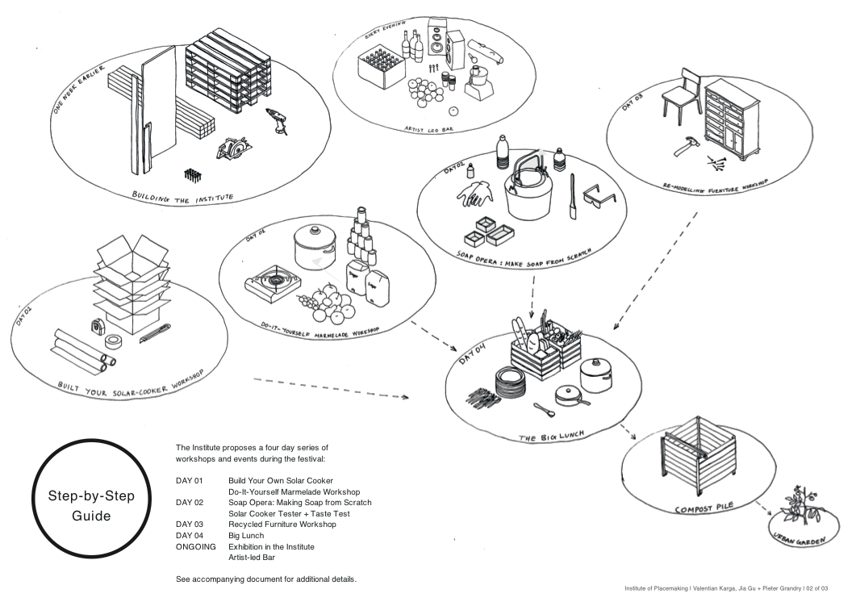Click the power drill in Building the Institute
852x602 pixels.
tap(277, 122)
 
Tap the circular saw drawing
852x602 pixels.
tap(233, 149)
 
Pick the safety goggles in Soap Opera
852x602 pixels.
tap(599, 194)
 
